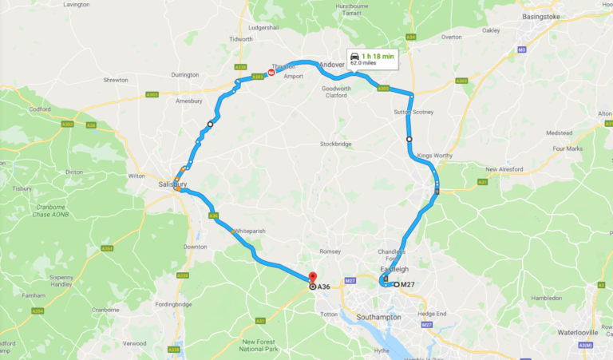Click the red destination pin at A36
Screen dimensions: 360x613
pyautogui.click(x=311, y=278)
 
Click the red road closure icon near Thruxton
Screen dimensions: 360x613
pyautogui.click(x=271, y=73)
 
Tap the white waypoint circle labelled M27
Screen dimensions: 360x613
pyautogui.click(x=397, y=284)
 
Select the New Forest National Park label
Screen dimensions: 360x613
pyautogui.click(x=262, y=345)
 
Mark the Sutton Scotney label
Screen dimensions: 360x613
pyautogui.click(x=414, y=112)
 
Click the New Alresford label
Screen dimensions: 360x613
pyautogui.click(x=503, y=169)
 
